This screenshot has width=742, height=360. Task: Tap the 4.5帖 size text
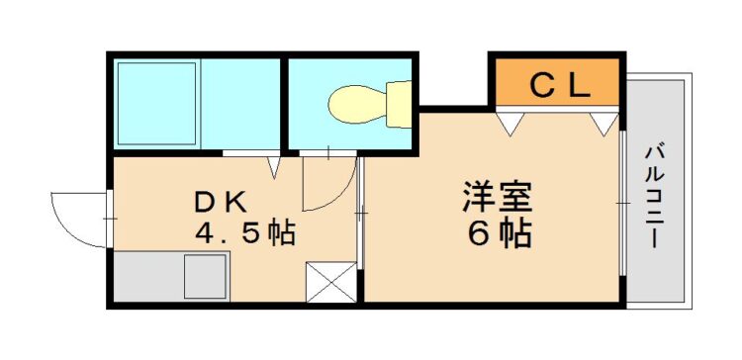pyautogui.click(x=245, y=232)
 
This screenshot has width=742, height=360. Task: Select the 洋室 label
pyautogui.click(x=499, y=197)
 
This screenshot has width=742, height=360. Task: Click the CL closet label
pyautogui.click(x=561, y=86)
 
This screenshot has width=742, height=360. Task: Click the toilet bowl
pyautogui.click(x=358, y=103)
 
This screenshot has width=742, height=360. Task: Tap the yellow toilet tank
pyautogui.click(x=399, y=104)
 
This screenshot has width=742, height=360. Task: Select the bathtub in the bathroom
pyautogui.click(x=156, y=103)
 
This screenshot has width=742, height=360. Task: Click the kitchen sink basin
pyautogui.click(x=206, y=276)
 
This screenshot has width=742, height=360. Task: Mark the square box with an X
pyautogui.click(x=330, y=282)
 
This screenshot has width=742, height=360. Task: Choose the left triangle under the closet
pyautogui.click(x=510, y=124)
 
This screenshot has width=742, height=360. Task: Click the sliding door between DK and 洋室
pyautogui.click(x=360, y=214)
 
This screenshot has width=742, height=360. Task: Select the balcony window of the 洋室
pyautogui.click(x=622, y=203)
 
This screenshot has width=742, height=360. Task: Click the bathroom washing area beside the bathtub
pyautogui.click(x=240, y=103)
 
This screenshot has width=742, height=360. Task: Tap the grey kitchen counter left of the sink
pyautogui.click(x=148, y=276)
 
